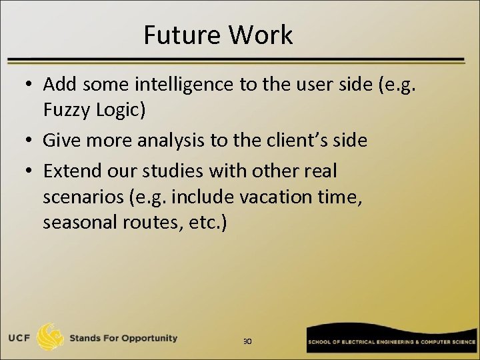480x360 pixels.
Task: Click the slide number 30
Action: coord(247,341)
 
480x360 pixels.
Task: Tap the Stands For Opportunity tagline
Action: coord(123,338)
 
